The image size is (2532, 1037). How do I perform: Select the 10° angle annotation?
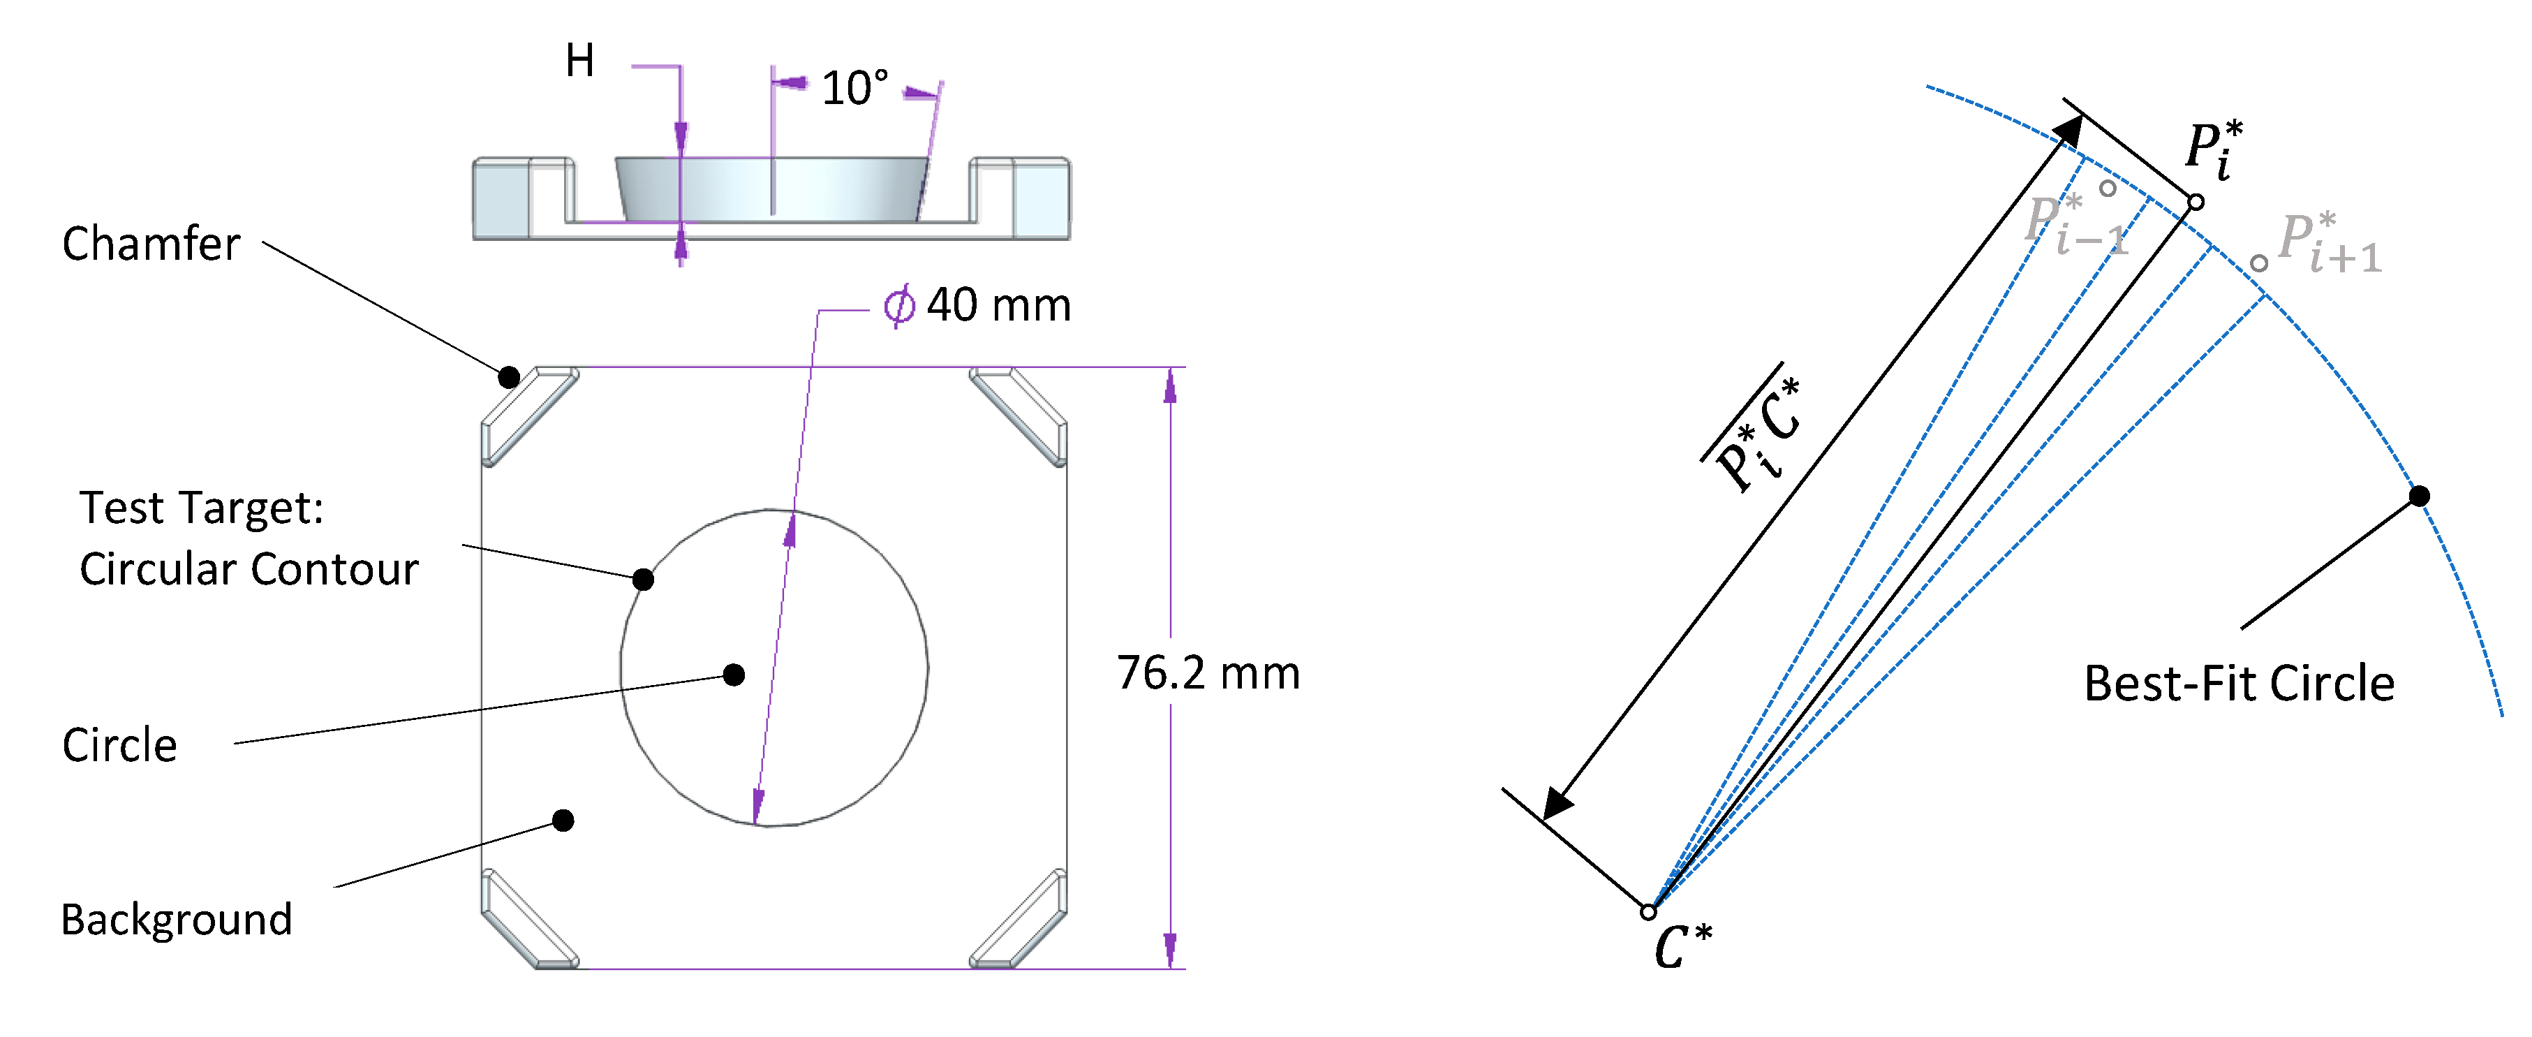coord(854,89)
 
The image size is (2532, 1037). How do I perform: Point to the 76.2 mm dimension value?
coord(1208,673)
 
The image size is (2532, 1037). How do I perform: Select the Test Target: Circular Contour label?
coord(248,538)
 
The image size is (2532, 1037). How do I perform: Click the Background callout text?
coord(177,920)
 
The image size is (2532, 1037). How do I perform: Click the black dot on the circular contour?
coord(643,580)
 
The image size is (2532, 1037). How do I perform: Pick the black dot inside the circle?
coord(733,675)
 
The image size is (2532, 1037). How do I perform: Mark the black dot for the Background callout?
coord(563,821)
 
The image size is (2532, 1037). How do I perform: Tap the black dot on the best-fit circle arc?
coord(2419,497)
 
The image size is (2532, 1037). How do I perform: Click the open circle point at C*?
coord(1648,912)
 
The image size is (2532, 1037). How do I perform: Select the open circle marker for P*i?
coord(2196,203)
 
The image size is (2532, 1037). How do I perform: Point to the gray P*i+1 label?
coord(2330,243)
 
